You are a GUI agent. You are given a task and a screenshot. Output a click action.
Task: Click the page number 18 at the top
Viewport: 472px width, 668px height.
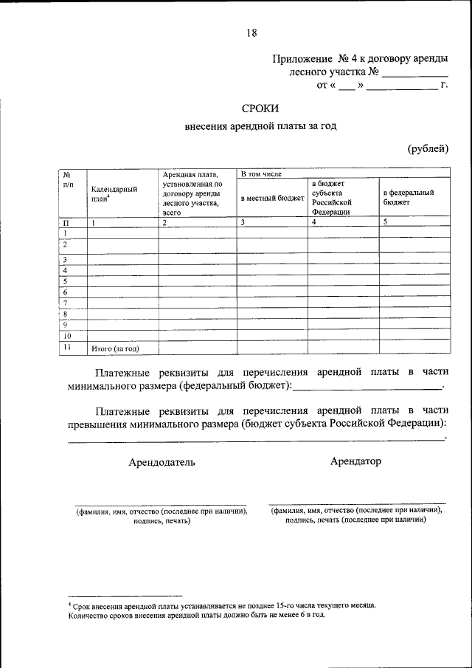(251, 32)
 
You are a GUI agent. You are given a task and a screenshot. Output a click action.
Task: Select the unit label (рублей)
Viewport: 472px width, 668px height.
(428, 149)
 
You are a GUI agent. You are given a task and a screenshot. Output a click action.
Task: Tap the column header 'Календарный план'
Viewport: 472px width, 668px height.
(114, 193)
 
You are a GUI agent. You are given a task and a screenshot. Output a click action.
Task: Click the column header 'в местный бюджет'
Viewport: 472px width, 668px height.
(272, 199)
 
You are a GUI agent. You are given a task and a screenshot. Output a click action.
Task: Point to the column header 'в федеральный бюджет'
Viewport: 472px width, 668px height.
(408, 196)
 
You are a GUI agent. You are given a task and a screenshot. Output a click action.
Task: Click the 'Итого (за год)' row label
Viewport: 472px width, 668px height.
(114, 348)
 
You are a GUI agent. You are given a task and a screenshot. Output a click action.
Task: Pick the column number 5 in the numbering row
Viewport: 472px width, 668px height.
(385, 222)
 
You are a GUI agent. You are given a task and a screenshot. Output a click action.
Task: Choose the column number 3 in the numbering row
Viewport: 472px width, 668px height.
(242, 222)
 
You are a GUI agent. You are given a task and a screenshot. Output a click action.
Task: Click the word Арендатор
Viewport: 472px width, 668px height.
(355, 461)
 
